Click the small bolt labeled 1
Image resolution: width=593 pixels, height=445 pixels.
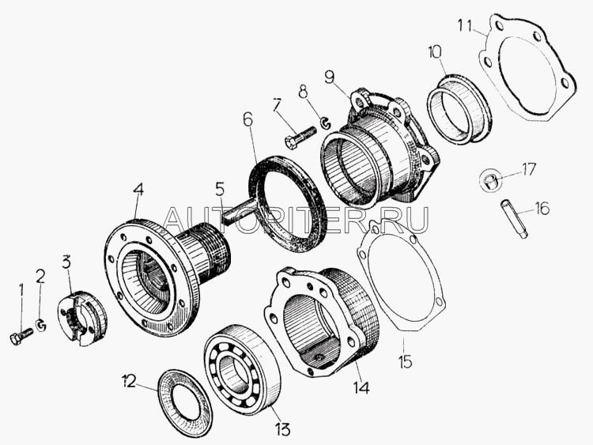(21, 336)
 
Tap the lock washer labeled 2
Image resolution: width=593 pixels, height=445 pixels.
(41, 325)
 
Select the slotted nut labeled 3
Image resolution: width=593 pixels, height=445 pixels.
(82, 318)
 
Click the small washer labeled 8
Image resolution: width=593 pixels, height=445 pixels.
(325, 123)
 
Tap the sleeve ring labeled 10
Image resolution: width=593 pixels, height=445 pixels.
(459, 109)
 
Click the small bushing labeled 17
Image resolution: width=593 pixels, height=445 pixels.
(490, 179)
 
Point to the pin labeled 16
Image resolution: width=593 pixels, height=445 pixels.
(515, 219)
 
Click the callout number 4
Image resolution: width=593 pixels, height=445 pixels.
(138, 190)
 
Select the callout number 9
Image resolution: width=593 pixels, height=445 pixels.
(330, 77)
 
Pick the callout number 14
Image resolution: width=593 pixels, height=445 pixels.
(361, 387)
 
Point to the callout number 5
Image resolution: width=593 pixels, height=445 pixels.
(220, 189)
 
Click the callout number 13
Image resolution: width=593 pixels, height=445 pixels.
(282, 429)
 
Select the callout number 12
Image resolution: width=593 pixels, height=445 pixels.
(129, 382)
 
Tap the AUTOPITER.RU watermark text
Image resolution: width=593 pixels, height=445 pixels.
(296, 220)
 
